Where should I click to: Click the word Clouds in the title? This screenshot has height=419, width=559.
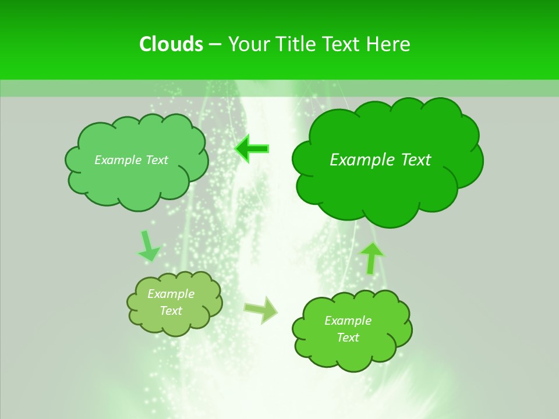(x=171, y=44)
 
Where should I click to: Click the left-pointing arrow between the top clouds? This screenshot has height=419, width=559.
(x=252, y=149)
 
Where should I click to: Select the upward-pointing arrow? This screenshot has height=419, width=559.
(x=372, y=257)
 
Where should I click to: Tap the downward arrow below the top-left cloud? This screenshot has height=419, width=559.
(x=148, y=246)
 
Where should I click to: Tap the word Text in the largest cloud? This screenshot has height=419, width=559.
(x=416, y=160)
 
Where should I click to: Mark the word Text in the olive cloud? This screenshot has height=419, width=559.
(x=171, y=311)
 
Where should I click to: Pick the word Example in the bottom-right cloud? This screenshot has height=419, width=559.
(x=348, y=321)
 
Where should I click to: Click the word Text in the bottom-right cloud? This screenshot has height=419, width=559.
(x=348, y=338)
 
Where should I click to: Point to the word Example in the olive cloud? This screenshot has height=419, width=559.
(x=171, y=294)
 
